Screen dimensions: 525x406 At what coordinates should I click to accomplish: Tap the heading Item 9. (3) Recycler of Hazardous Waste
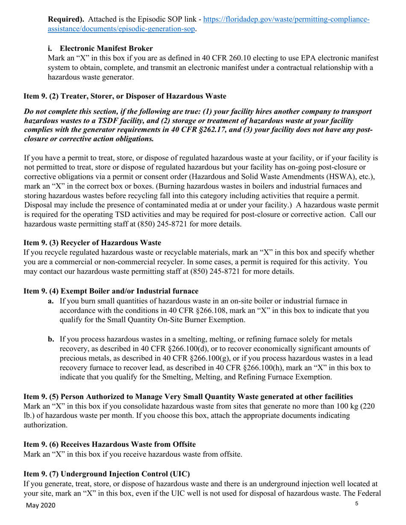pyautogui.click(x=92, y=243)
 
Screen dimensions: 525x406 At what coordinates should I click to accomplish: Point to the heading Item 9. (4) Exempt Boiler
pyautogui.click(x=111, y=291)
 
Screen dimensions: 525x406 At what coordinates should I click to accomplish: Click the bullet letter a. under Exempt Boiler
pyautogui.click(x=51, y=301)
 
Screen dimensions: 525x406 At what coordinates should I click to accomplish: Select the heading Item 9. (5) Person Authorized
pyautogui.click(x=188, y=397)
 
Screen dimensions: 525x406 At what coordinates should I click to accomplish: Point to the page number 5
pyautogui.click(x=357, y=504)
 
